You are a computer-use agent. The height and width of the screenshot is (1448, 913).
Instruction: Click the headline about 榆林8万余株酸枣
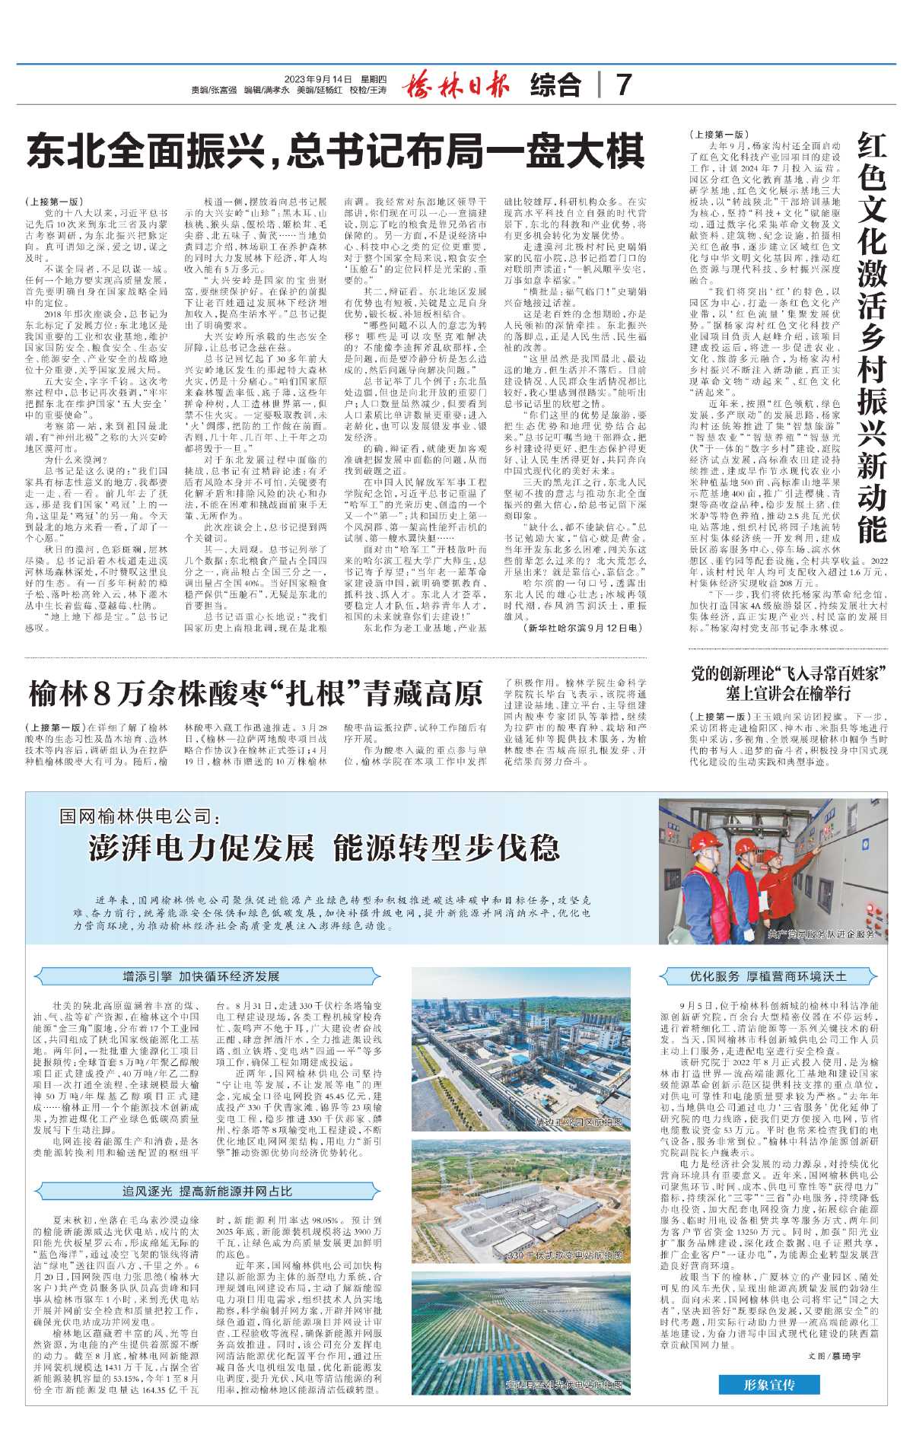click(x=256, y=693)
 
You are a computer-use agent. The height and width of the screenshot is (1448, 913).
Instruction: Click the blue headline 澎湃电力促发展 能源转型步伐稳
click(x=324, y=848)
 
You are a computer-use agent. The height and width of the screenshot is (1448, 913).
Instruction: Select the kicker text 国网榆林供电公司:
click(x=140, y=817)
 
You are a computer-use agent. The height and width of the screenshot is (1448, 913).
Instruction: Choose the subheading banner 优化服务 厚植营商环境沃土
click(x=768, y=976)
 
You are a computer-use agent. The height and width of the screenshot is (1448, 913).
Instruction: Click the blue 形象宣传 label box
click(x=769, y=1384)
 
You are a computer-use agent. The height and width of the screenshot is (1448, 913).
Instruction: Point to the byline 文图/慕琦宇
click(x=834, y=1356)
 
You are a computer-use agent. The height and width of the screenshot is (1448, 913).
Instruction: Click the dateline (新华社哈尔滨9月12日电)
click(x=584, y=628)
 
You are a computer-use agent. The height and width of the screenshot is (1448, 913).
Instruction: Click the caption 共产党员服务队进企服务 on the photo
click(x=822, y=934)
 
